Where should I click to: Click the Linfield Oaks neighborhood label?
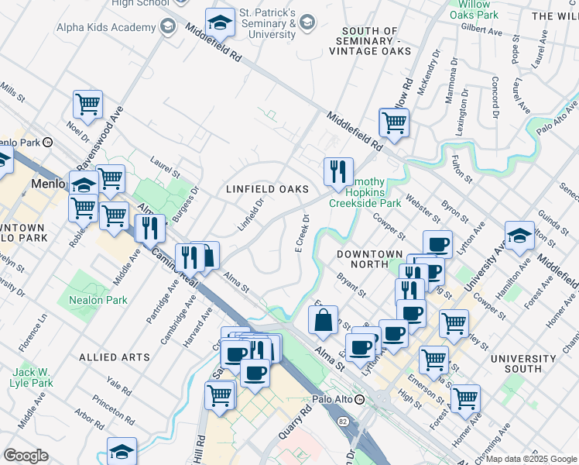coord(267,189)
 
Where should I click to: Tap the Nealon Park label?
coord(97,300)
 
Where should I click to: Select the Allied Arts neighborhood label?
coord(114,357)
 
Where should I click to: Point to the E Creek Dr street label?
coord(302,233)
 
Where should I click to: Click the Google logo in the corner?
coord(26,456)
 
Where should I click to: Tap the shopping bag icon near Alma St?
coord(323,320)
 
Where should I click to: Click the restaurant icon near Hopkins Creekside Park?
coord(338,172)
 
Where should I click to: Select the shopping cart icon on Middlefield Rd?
coord(394,122)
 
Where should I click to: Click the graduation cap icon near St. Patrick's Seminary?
coord(220,23)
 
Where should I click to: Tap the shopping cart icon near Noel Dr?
coord(88,105)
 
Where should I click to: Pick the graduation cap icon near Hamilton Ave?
coord(519,236)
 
